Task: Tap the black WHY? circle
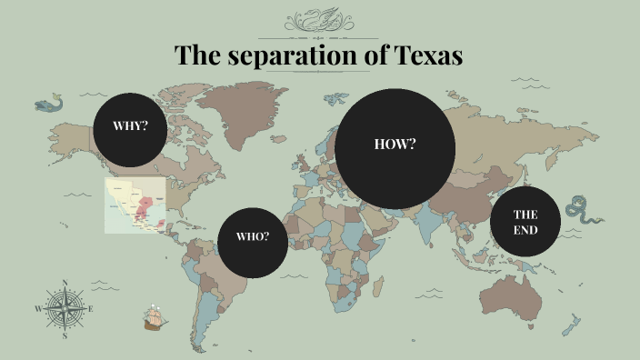tap(131, 126)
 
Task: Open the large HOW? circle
tap(395, 145)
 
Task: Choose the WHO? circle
tap(253, 238)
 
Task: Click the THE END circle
tap(525, 222)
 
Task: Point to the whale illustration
tap(50, 105)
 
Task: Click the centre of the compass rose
tap(65, 309)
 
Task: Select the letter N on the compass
tap(65, 283)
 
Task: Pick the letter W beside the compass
tap(38, 309)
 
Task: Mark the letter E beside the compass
tap(92, 309)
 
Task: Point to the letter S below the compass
tap(65, 335)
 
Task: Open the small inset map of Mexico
tap(135, 205)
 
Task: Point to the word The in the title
tap(194, 55)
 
